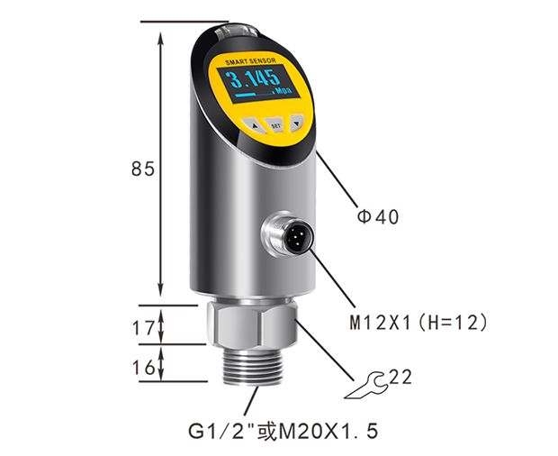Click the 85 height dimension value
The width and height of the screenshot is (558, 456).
point(143,169)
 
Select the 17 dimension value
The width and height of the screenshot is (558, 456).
point(144,328)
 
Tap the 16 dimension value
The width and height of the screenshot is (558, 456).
point(144,368)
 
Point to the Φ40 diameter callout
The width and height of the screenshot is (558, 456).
point(378,216)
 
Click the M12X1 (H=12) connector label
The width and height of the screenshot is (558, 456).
point(418,323)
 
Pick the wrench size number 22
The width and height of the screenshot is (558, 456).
point(400,378)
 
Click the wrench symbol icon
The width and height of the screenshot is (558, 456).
point(366,387)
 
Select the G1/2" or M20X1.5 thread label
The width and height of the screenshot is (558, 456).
point(283,431)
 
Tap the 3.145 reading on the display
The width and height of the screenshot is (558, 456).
point(254,79)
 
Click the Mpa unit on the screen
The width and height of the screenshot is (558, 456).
point(283,90)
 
